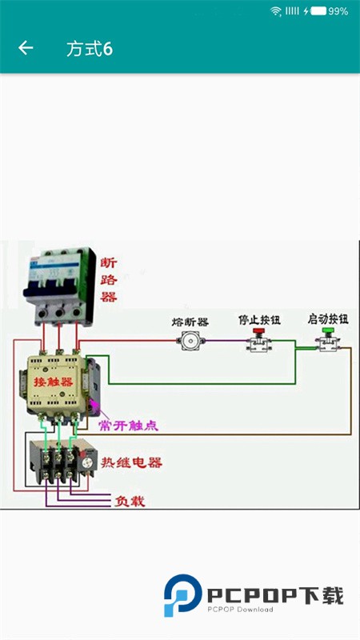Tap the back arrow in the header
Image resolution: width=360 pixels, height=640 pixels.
point(26,48)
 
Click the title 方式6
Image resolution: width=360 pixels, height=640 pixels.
point(90,49)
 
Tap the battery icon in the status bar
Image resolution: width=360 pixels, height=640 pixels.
point(318,11)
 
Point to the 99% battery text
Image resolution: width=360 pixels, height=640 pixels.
point(338,11)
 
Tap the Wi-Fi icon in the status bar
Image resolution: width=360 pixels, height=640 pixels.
point(276,11)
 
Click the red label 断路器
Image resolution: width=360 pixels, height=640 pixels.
point(109,279)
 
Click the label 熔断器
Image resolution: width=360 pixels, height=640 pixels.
point(190,322)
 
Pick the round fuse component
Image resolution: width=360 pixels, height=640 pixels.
point(190,342)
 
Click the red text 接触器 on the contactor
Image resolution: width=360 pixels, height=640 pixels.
point(51,382)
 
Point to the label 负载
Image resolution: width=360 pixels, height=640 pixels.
point(130,502)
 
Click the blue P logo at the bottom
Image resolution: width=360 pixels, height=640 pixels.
point(181,596)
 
